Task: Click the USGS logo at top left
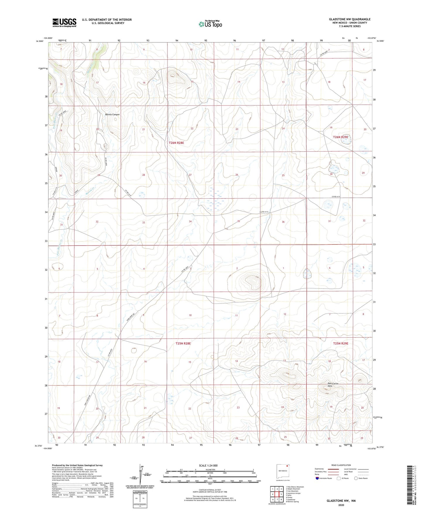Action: click(x=64, y=23)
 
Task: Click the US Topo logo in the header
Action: click(x=210, y=24)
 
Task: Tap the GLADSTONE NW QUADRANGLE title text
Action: click(x=350, y=19)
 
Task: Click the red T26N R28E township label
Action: click(x=176, y=143)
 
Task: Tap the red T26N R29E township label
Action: click(x=340, y=137)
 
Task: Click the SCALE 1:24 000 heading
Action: click(x=208, y=465)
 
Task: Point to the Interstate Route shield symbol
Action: click(x=317, y=478)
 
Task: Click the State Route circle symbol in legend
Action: click(x=356, y=478)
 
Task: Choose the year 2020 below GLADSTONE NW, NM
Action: click(x=341, y=505)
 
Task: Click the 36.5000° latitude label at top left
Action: click(x=39, y=41)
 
